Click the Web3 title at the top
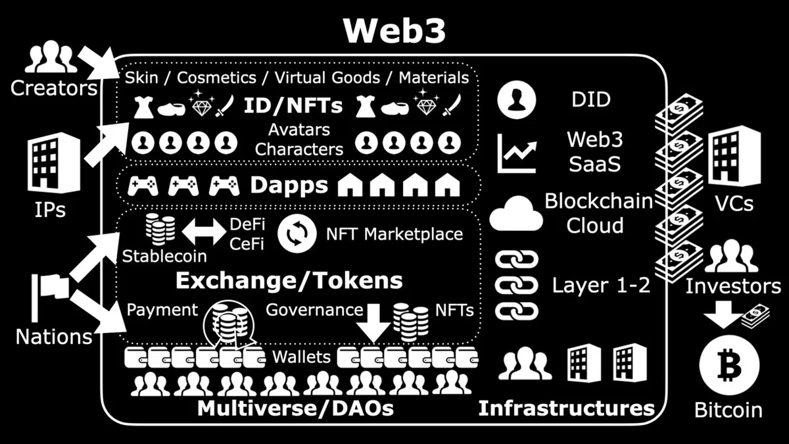tap(395, 30)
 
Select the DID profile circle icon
tap(516, 100)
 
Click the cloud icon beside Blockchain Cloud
tap(516, 214)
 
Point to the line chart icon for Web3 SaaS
tap(517, 154)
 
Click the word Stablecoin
tap(164, 256)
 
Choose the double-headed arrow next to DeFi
tap(204, 232)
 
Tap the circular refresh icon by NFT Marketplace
tap(297, 234)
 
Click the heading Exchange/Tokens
tap(289, 280)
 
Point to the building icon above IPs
tap(54, 163)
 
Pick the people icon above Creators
tap(51, 57)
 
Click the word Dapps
tap(289, 185)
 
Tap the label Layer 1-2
tap(601, 285)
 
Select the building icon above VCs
tap(734, 156)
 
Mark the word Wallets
tap(302, 357)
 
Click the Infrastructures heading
tap(566, 408)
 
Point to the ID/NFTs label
tap(293, 105)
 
